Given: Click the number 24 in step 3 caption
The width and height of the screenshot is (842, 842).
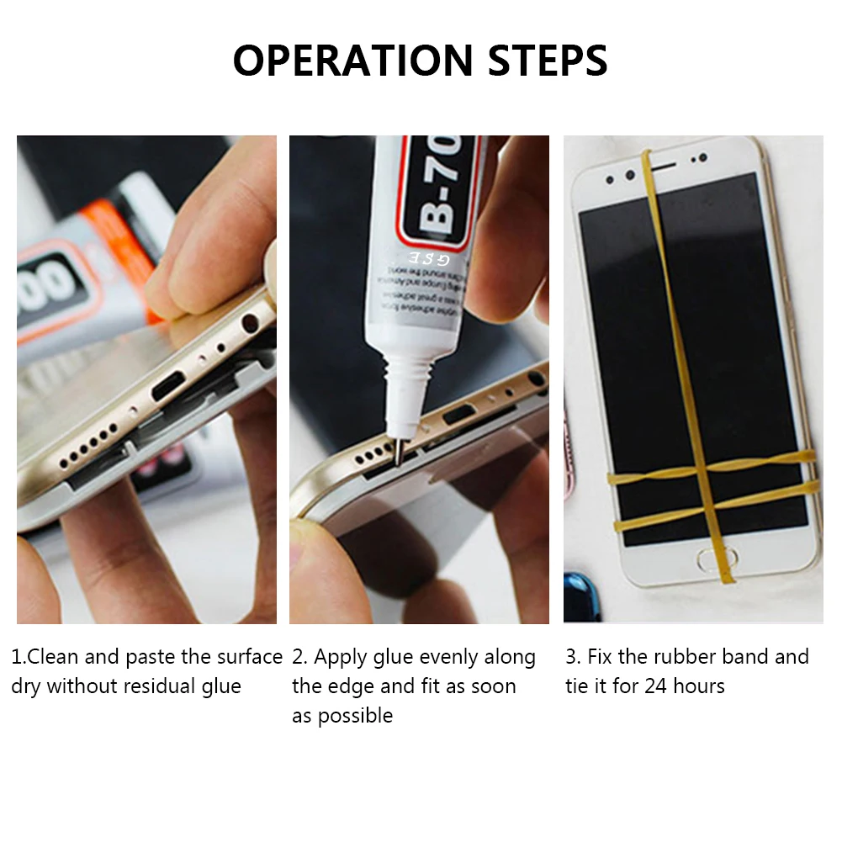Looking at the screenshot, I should pos(657,686).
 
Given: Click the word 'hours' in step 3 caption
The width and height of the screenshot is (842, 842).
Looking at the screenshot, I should pos(698,686).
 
